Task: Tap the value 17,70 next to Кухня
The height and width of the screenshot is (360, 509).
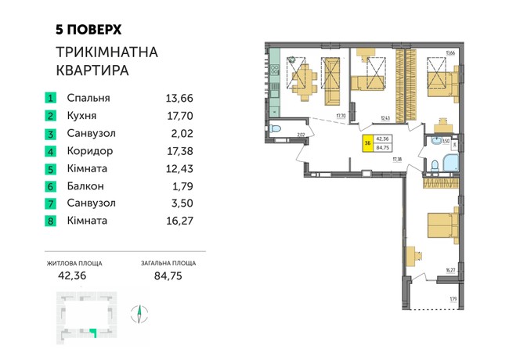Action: click(179, 116)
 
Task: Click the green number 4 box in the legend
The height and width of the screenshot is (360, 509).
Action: click(51, 151)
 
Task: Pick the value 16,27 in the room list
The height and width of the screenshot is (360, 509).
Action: click(179, 221)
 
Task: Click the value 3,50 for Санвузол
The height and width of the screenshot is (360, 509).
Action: click(179, 203)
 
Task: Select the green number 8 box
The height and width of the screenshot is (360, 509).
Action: click(51, 221)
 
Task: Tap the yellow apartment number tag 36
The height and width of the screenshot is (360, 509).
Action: click(368, 142)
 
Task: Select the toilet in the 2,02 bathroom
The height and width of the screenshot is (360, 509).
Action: click(276, 129)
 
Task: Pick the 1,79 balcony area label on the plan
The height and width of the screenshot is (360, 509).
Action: click(452, 298)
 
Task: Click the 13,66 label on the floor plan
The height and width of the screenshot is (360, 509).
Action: click(450, 53)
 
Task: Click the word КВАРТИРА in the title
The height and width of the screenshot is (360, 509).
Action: click(92, 70)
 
